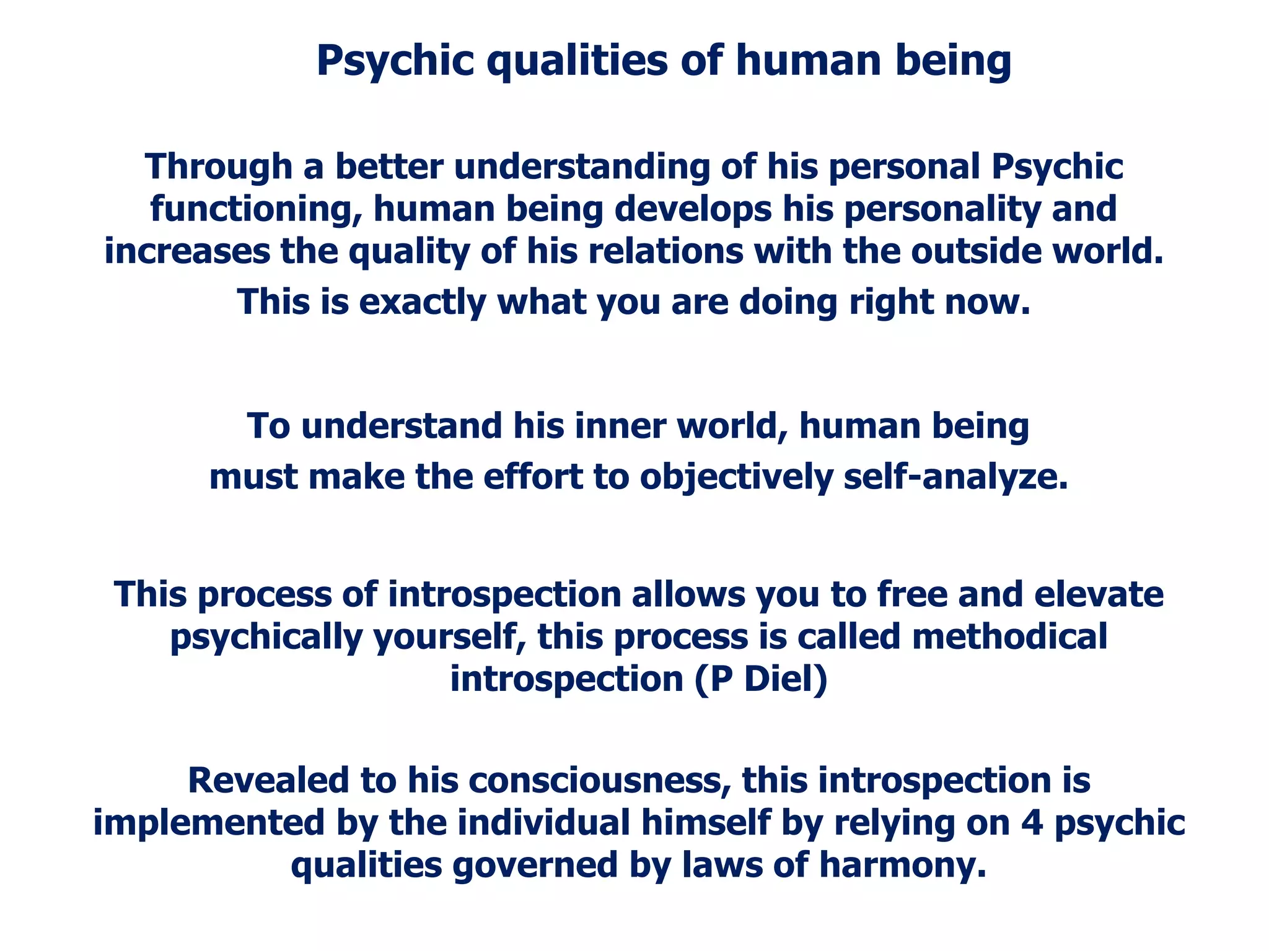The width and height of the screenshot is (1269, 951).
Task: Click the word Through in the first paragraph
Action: tap(219, 167)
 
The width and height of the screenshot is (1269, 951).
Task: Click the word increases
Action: tap(187, 251)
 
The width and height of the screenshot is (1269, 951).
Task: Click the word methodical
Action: tap(1009, 636)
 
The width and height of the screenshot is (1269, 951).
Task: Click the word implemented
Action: tap(209, 823)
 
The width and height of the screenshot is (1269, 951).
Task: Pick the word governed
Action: tap(535, 865)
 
